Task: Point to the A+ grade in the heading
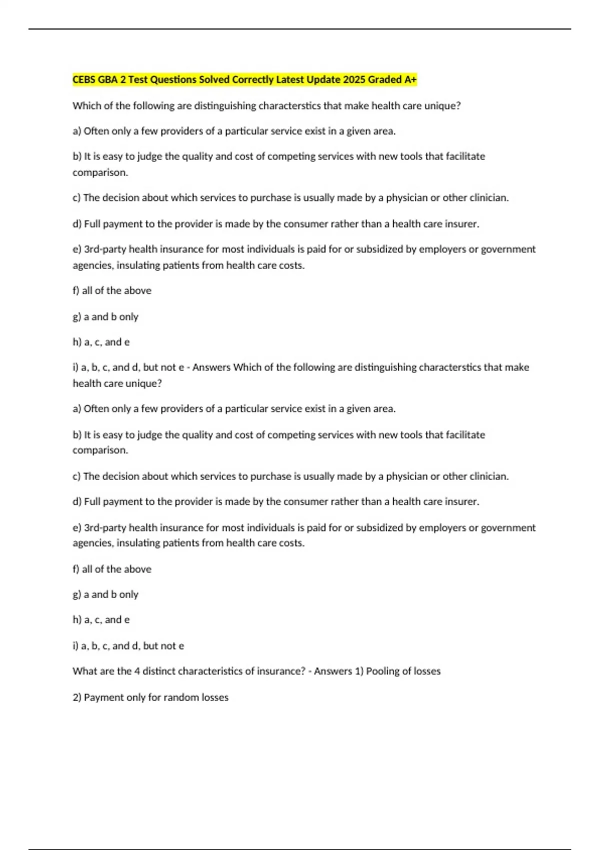(x=410, y=79)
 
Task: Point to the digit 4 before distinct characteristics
(x=137, y=671)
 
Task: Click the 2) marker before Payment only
(x=77, y=697)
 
